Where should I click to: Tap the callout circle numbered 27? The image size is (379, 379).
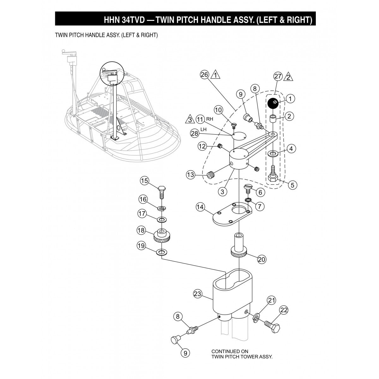(278, 76)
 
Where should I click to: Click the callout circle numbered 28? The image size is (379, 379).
(195, 133)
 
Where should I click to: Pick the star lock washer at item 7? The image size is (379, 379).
(248, 200)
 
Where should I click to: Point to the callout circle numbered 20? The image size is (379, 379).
(262, 259)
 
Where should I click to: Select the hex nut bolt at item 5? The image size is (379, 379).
(273, 177)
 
